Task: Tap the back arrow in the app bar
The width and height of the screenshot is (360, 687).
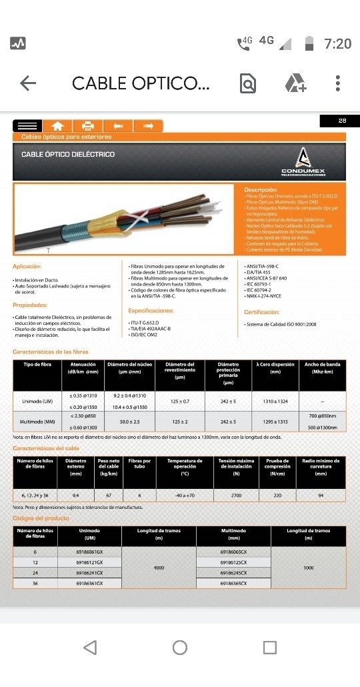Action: [28, 83]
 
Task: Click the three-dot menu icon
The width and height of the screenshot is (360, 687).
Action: [338, 83]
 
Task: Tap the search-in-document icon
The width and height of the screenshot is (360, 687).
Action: [247, 83]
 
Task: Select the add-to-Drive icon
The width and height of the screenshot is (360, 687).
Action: [295, 83]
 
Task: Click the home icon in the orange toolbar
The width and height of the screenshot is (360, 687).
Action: [57, 125]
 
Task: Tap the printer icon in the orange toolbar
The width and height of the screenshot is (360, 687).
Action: [87, 125]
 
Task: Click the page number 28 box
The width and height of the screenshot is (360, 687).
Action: [342, 121]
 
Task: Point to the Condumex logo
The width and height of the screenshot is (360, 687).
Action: [303, 161]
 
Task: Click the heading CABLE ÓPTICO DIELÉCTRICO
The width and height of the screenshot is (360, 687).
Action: [68, 154]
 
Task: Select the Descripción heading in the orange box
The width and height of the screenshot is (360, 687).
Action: [260, 190]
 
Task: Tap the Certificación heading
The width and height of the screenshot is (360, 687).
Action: [261, 311]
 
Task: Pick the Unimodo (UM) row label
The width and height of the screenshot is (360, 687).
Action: [37, 400]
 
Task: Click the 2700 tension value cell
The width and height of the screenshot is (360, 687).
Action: [235, 496]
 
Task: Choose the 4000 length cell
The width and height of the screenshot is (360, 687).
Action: [159, 568]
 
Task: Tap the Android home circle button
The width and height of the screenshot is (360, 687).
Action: [180, 647]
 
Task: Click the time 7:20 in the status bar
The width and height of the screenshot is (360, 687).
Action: [337, 43]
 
